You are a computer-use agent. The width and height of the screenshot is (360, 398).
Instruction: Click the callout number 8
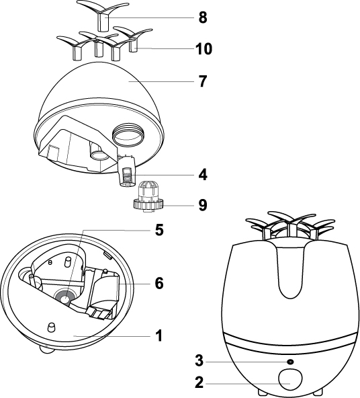[203, 17]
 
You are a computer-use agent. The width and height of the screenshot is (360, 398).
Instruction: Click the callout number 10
[204, 48]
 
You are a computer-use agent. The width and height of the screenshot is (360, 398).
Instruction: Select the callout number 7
[203, 81]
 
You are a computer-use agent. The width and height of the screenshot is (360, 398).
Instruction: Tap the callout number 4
[203, 175]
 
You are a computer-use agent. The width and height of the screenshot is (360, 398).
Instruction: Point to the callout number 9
[203, 205]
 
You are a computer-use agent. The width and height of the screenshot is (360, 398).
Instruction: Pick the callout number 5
[159, 230]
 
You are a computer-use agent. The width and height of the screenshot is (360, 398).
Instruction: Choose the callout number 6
[159, 283]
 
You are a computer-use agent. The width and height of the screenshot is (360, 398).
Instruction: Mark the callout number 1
[159, 336]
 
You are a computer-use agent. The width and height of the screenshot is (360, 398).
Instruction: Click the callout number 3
[199, 360]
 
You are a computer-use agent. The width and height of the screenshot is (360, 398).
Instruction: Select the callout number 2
[199, 383]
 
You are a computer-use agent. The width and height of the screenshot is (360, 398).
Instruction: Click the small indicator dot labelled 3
[290, 361]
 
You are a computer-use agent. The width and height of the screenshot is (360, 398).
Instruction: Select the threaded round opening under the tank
[128, 134]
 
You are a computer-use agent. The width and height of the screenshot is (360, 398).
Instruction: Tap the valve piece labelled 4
[126, 172]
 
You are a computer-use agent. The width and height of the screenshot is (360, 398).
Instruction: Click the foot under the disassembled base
[46, 350]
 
